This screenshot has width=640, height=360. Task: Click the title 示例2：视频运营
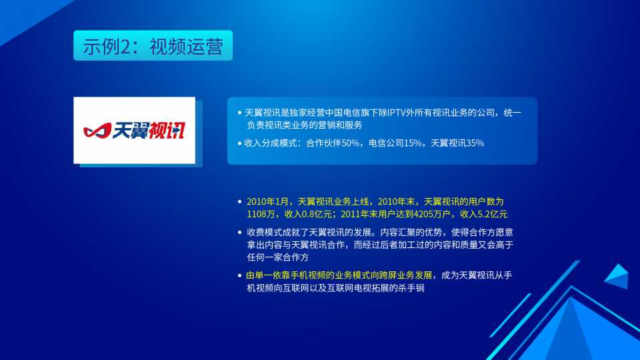click(x=153, y=46)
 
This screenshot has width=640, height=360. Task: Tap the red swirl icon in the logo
click(x=97, y=131)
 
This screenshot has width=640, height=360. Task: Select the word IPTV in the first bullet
click(x=395, y=113)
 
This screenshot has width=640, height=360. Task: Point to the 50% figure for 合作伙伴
click(x=350, y=143)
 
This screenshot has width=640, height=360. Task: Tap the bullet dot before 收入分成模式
click(x=239, y=143)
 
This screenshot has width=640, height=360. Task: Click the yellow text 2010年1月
click(x=267, y=201)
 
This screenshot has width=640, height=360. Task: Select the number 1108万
click(x=261, y=214)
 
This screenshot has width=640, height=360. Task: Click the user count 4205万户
click(x=432, y=214)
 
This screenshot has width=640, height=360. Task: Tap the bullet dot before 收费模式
click(x=239, y=232)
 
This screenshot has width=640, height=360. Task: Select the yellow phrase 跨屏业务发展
click(x=406, y=275)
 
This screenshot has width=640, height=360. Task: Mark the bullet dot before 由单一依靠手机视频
click(x=239, y=275)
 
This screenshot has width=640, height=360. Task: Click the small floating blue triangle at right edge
click(x=617, y=276)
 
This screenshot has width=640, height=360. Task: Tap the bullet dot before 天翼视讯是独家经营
click(x=239, y=113)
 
